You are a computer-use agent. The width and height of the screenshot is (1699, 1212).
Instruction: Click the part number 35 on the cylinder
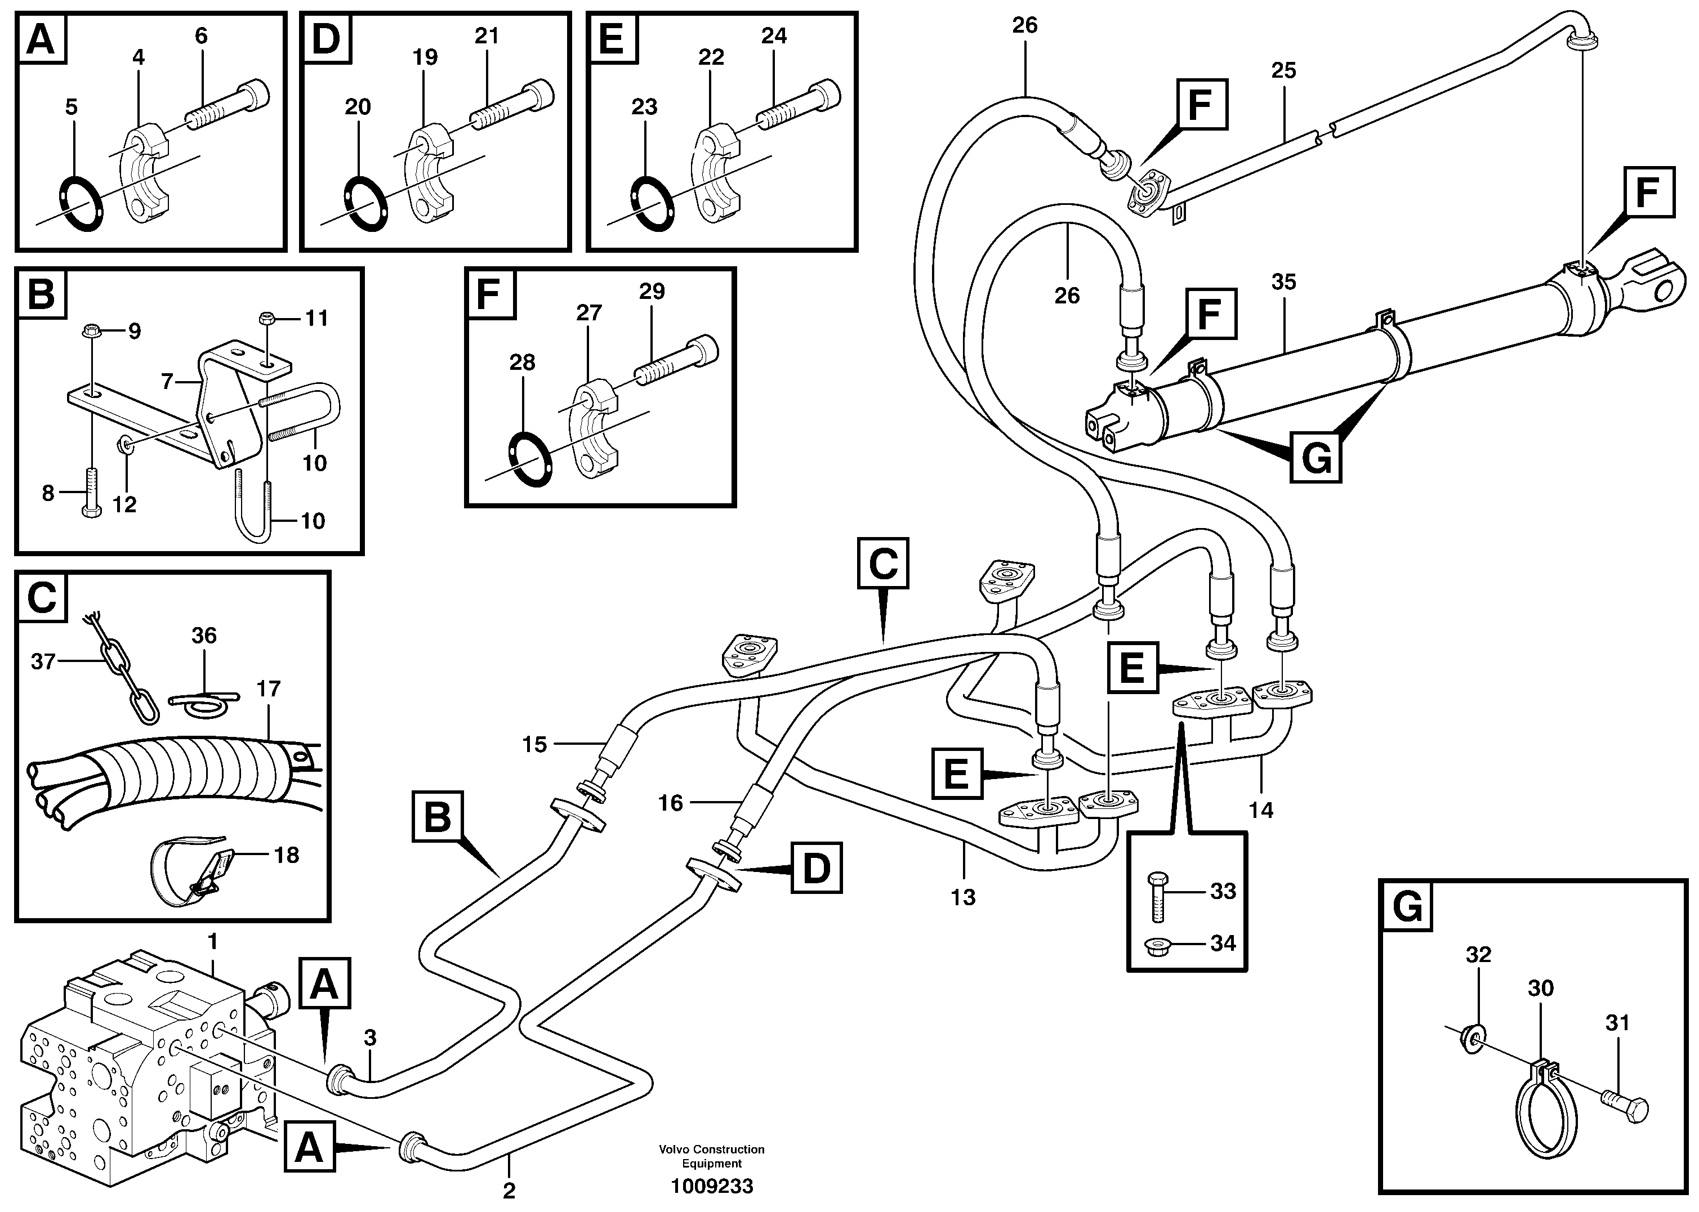(1283, 282)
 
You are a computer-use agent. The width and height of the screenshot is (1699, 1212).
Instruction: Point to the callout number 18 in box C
(287, 855)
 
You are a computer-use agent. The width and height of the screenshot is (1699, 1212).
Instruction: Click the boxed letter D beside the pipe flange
(816, 868)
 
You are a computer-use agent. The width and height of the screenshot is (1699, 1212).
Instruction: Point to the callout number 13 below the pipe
(963, 897)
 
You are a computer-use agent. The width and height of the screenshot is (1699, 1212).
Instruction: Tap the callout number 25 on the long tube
(1283, 71)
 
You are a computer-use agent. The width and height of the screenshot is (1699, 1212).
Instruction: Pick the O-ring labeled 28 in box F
(529, 458)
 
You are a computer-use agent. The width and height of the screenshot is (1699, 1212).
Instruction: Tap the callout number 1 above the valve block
(213, 942)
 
